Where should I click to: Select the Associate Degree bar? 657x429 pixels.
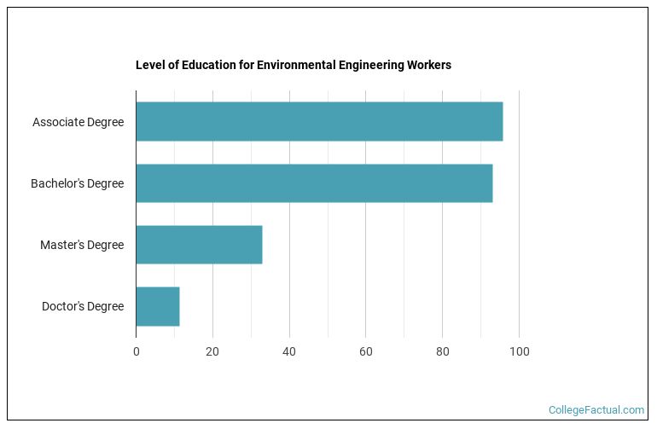319,122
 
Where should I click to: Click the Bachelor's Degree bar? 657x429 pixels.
314,183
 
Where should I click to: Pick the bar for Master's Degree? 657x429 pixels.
199,245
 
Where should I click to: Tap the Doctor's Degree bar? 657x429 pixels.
158,306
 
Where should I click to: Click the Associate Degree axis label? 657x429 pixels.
78,122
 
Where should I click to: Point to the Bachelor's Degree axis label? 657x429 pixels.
77,183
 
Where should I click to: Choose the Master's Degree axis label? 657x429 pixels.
82,245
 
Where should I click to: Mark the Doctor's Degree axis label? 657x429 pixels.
83,306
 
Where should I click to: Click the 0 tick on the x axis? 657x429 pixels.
137,351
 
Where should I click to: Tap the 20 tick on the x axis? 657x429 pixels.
212,351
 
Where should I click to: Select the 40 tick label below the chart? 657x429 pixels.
289,351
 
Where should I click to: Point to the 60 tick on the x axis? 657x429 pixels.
366,351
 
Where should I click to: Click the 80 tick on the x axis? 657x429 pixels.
442,351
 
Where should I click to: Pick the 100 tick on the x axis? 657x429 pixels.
519,351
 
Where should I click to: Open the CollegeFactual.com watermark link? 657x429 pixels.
596,410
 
